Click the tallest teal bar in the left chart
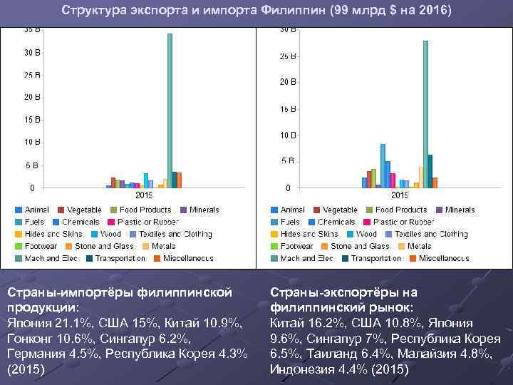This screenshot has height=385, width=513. (x=170, y=111)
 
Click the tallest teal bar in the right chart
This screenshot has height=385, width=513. (x=425, y=114)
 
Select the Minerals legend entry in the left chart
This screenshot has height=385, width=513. (x=204, y=210)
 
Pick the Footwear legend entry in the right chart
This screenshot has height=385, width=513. (x=297, y=246)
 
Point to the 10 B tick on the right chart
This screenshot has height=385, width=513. (x=288, y=135)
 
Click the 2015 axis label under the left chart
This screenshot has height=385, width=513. (x=144, y=195)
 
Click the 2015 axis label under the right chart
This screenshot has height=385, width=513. (x=400, y=195)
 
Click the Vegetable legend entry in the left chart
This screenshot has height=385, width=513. (x=84, y=210)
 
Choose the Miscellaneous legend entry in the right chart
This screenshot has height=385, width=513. (x=445, y=258)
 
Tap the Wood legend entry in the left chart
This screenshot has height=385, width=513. (x=110, y=234)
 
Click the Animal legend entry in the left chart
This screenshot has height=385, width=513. (x=37, y=210)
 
